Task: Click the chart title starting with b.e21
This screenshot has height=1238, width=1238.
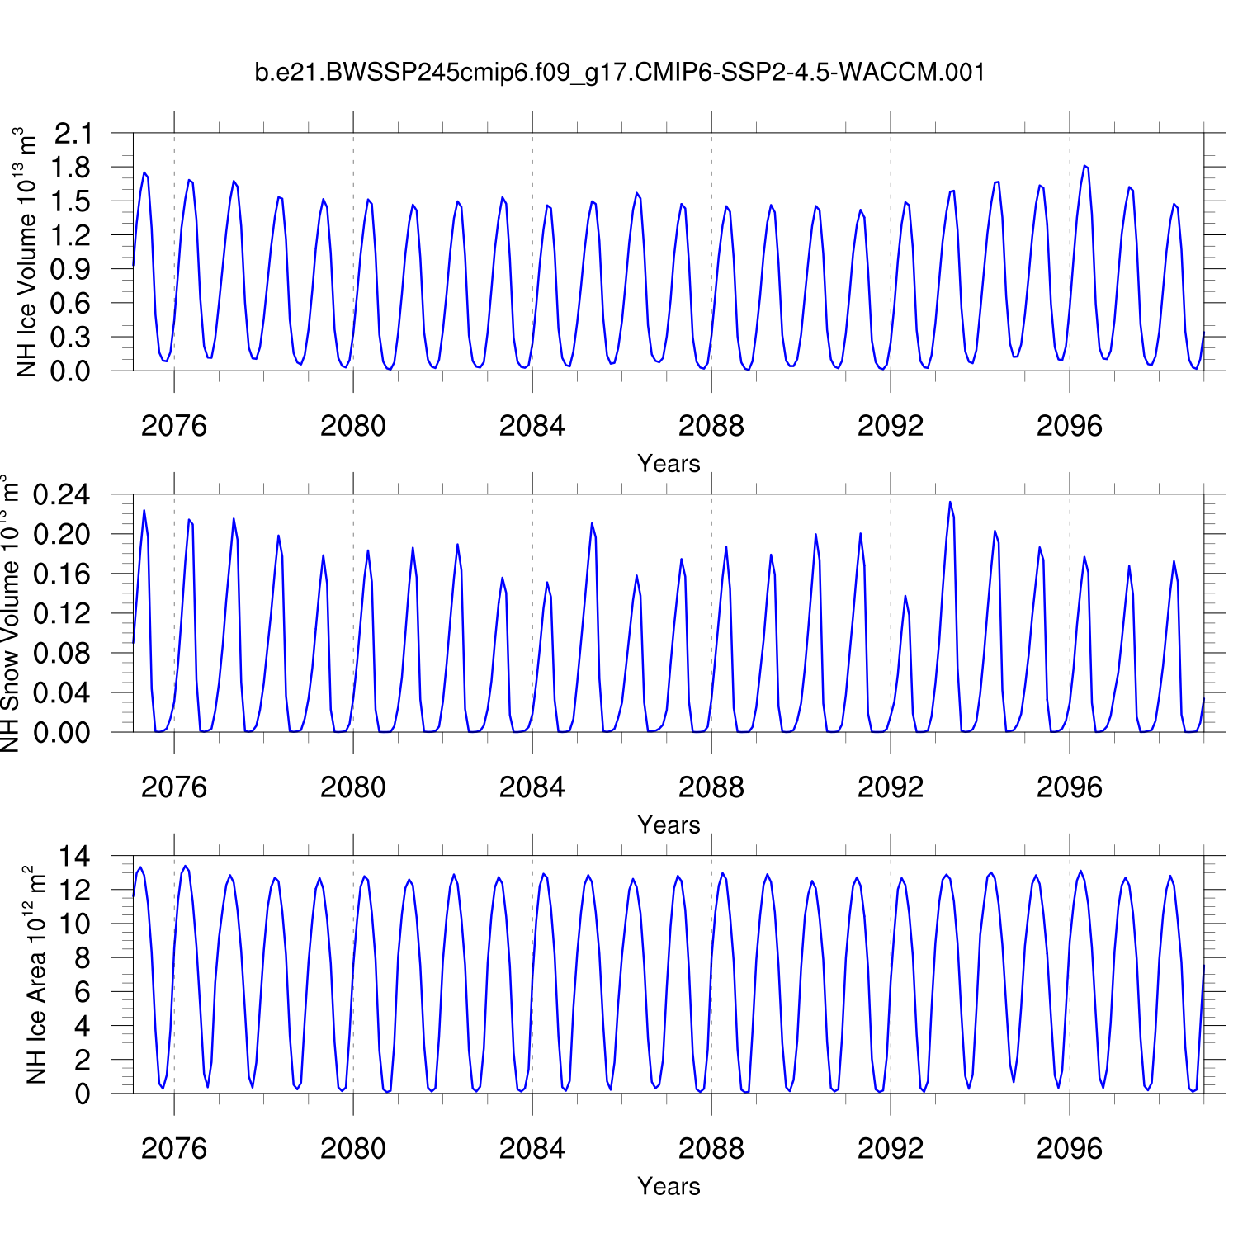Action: tap(620, 73)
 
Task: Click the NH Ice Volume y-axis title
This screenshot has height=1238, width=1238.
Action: tap(27, 252)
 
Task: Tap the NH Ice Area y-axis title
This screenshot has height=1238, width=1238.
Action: tap(36, 975)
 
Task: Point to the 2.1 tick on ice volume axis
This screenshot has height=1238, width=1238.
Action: tap(73, 133)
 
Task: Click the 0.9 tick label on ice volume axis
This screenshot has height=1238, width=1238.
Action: tap(73, 269)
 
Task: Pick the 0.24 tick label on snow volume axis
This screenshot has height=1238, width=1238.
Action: tap(62, 495)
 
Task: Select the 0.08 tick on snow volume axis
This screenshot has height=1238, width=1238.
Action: tap(62, 654)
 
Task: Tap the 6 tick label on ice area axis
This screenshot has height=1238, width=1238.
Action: tap(82, 992)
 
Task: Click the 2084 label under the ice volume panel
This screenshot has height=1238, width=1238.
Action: tap(532, 426)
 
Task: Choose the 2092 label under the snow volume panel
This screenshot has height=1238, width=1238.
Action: tap(891, 787)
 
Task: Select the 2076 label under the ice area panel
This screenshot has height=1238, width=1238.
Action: tap(174, 1148)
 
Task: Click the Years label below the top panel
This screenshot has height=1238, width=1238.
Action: tap(669, 464)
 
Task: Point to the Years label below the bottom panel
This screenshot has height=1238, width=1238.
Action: tap(669, 1186)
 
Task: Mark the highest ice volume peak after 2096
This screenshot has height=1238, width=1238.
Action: tap(1084, 166)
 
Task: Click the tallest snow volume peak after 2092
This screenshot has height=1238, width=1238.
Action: tap(950, 502)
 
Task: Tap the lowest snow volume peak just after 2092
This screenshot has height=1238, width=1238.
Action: tap(905, 596)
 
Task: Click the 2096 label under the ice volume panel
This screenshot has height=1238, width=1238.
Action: tap(1070, 426)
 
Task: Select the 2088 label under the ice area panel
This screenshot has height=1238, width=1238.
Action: tap(711, 1148)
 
